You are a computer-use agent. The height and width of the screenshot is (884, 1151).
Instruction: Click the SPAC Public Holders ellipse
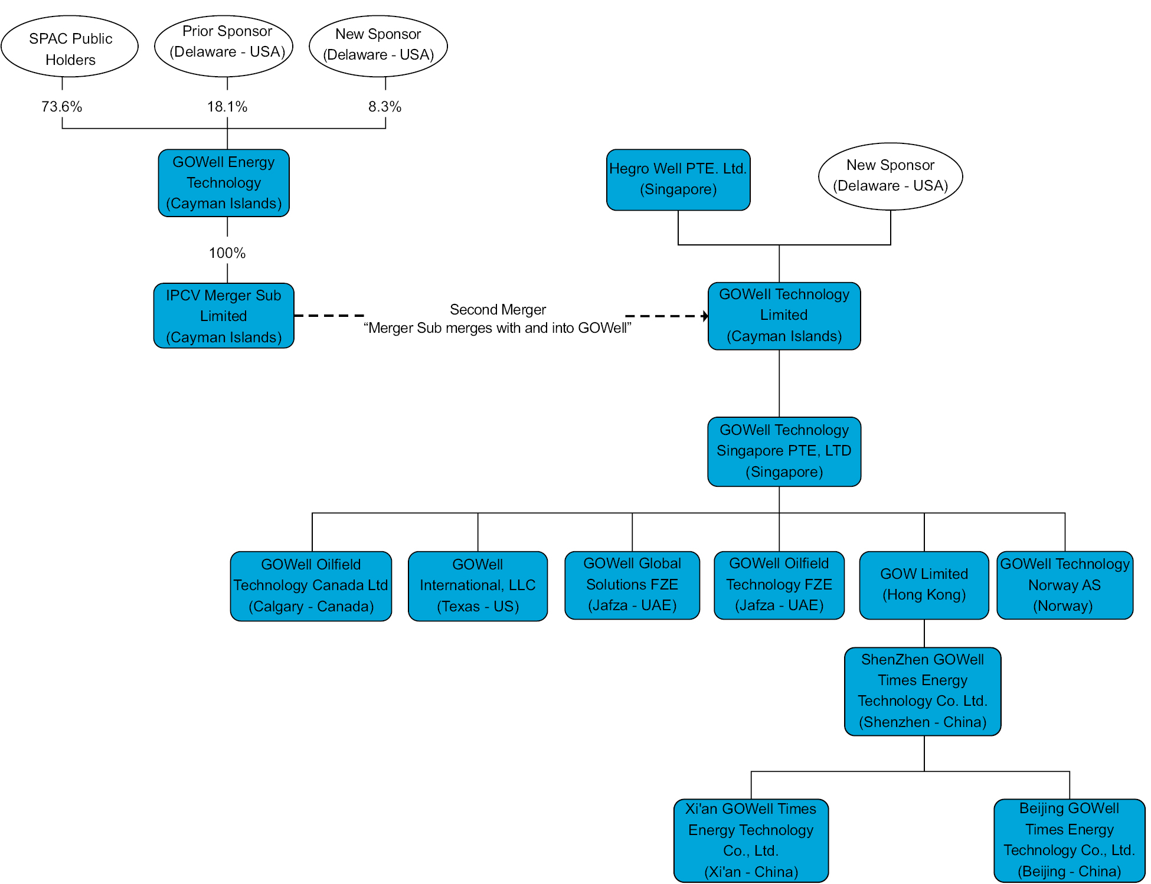pos(70,46)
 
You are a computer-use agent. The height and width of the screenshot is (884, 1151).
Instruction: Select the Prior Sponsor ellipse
pos(224,46)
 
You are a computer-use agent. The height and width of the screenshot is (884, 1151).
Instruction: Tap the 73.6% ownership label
pos(61,107)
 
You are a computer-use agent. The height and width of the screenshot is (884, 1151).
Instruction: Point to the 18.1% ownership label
pos(227,107)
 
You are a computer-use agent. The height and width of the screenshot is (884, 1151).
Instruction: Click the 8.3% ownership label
pos(385,107)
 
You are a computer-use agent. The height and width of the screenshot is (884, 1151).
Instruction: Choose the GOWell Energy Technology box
pos(224,183)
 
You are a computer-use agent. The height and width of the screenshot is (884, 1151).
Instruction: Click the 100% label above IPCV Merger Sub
pos(227,253)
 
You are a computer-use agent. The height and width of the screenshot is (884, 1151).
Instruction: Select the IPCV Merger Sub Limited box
pos(224,316)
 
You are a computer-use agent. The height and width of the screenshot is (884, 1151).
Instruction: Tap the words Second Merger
pos(498,310)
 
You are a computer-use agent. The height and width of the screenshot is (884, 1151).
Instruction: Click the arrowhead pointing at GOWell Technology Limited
pos(705,316)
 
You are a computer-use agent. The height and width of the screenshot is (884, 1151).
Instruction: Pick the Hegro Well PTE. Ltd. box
pos(678,180)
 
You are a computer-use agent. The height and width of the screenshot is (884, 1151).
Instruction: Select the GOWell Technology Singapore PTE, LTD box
pos(784,451)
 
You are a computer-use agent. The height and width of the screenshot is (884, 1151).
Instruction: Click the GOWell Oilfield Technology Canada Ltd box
pos(311,586)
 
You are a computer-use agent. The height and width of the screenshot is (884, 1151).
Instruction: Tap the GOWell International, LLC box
pos(478,586)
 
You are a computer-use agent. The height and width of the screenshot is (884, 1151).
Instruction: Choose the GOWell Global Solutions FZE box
pos(632,585)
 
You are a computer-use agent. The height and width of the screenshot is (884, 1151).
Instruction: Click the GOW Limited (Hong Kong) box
pos(924,585)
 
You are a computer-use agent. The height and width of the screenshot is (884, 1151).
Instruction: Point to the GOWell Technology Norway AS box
pos(1065,585)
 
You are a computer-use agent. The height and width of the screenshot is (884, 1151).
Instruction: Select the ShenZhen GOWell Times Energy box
pos(923,692)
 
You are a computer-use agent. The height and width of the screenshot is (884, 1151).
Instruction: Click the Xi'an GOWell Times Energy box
pos(751,841)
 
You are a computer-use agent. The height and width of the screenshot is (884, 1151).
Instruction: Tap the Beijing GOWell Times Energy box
pos(1070,841)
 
